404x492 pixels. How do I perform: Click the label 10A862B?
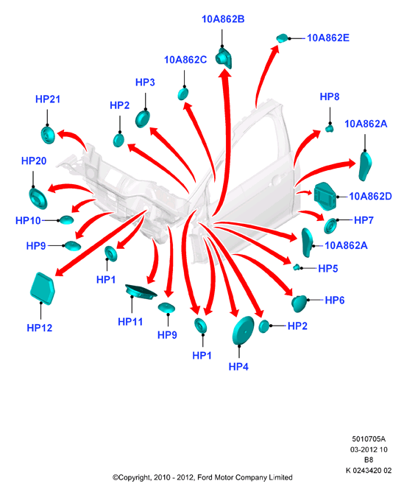pyautogui.click(x=223, y=19)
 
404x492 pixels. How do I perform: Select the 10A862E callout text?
pyautogui.click(x=328, y=38)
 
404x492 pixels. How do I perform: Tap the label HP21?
pyautogui.click(x=48, y=99)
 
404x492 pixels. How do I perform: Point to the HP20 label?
pyautogui.click(x=34, y=161)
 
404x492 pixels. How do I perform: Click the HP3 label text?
pyautogui.click(x=145, y=82)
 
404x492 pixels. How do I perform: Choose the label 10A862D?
pyautogui.click(x=370, y=197)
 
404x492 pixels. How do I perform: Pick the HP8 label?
pyautogui.click(x=330, y=96)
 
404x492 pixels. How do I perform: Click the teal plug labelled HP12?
pyautogui.click(x=42, y=289)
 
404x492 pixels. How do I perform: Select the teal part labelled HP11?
pyautogui.click(x=141, y=292)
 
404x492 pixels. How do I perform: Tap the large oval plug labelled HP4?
pyautogui.click(x=243, y=330)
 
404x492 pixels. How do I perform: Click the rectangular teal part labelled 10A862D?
pyautogui.click(x=325, y=197)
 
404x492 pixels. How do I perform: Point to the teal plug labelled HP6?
pyautogui.click(x=299, y=303)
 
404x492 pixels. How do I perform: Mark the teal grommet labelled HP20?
pyautogui.click(x=38, y=197)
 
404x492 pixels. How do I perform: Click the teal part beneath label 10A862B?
pyautogui.click(x=224, y=58)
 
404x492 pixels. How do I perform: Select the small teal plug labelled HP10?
pyautogui.click(x=66, y=220)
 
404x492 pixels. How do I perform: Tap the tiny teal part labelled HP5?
pyautogui.click(x=296, y=267)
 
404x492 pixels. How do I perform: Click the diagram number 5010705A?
pyautogui.click(x=369, y=439)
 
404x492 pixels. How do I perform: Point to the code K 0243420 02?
pyautogui.click(x=369, y=471)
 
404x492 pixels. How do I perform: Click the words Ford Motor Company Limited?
pyautogui.click(x=245, y=477)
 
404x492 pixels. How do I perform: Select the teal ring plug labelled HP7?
pyautogui.click(x=330, y=226)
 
